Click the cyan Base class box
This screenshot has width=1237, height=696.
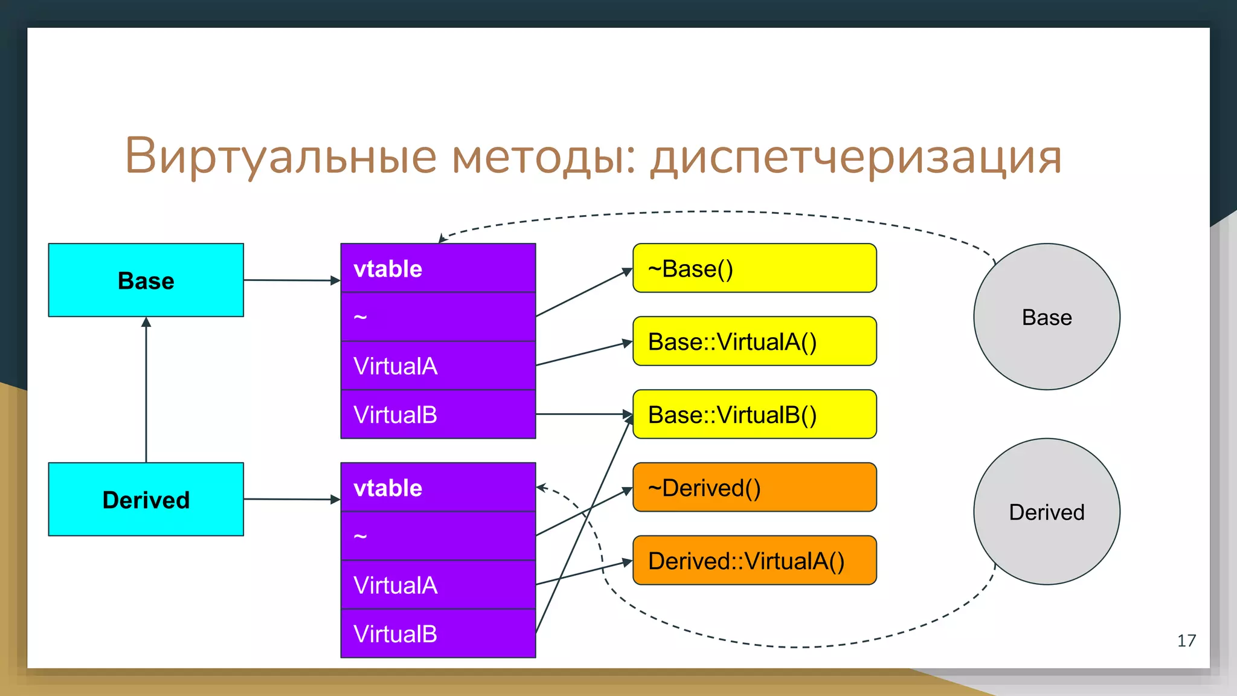tap(146, 280)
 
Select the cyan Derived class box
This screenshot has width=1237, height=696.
tap(146, 500)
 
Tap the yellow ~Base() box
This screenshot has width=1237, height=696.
tap(754, 268)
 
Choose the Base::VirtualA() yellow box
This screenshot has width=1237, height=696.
tap(754, 341)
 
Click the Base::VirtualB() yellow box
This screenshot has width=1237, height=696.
tap(754, 414)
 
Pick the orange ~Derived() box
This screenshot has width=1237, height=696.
tap(754, 488)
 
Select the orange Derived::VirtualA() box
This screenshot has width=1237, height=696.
tap(754, 561)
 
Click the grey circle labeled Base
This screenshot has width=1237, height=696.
tap(1047, 317)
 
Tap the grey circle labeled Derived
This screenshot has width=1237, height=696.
tap(1047, 512)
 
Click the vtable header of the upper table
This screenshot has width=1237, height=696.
tap(438, 268)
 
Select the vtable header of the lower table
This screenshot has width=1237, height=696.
tap(438, 488)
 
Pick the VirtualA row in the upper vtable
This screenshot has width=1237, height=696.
tap(438, 366)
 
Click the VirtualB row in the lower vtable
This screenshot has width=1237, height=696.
tap(438, 634)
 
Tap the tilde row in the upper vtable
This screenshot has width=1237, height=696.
tap(438, 317)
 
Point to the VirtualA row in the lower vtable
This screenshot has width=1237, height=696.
tap(438, 585)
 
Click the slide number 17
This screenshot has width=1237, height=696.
tap(1186, 640)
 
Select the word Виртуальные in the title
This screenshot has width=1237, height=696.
tap(280, 156)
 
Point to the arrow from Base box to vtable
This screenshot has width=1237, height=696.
tap(292, 280)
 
